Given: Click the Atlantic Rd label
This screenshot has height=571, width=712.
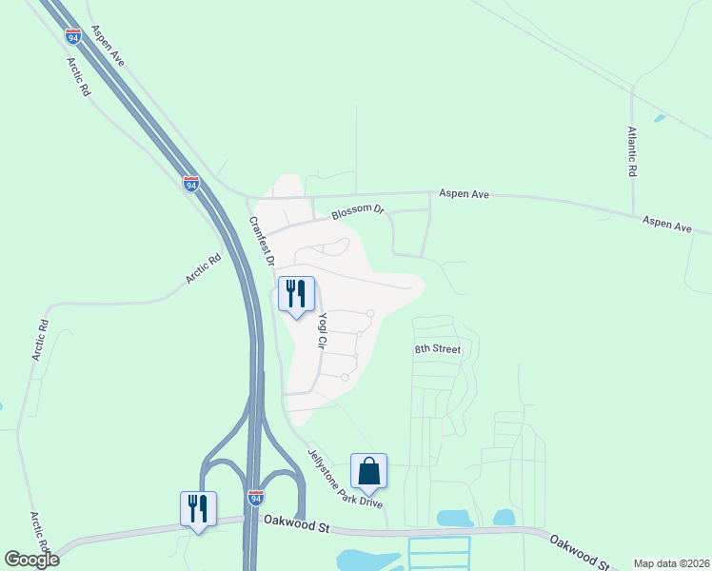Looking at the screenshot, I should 631,153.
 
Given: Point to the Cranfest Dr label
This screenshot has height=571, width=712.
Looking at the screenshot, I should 262,241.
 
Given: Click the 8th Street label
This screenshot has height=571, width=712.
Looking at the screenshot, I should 437,349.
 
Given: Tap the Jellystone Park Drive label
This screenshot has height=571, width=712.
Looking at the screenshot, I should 345,477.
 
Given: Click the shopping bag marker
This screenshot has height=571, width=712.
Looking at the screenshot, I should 368,471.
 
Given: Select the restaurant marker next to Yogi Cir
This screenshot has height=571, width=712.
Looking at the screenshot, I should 296,294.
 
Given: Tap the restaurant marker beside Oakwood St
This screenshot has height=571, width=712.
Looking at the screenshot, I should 198,509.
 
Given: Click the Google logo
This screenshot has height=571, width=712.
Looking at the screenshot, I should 31,559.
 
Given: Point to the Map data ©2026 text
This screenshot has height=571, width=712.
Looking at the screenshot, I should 672,563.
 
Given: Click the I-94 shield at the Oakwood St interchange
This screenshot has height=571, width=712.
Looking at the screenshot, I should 255,498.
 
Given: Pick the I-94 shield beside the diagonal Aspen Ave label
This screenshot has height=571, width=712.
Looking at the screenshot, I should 73,35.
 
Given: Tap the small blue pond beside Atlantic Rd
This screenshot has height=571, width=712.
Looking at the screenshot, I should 659,119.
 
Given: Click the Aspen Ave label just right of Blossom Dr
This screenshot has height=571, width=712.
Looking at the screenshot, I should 464,194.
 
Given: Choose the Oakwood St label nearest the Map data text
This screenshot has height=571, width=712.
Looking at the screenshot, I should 578,550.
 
